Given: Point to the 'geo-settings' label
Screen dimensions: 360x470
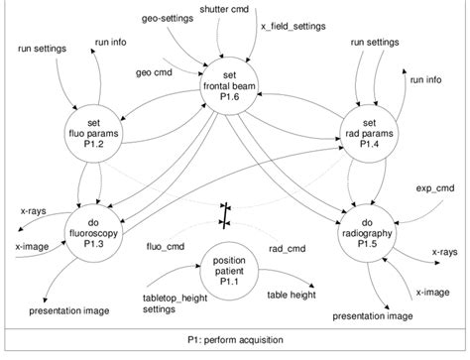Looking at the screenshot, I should pos(167,18).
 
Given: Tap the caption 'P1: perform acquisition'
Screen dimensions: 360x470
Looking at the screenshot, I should pos(235,339).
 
